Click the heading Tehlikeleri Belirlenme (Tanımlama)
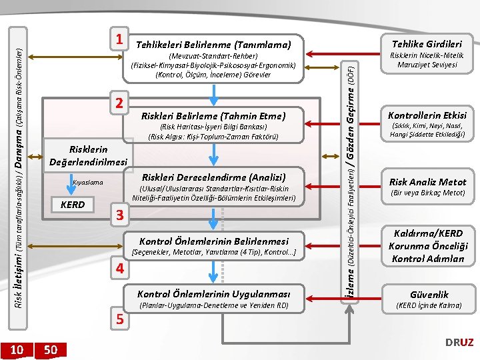coord(213,45)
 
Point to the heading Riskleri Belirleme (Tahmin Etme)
coord(213,115)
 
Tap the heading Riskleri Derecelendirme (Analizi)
coord(213,177)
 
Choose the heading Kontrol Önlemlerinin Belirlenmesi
coord(213,241)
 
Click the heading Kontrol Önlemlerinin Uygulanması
coord(213,294)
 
